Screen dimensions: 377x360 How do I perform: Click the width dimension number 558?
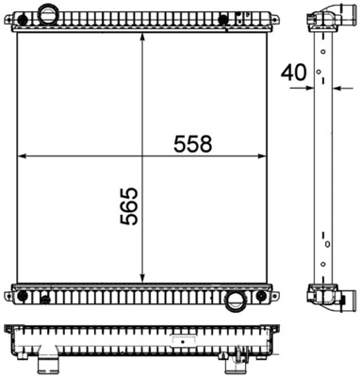tap(192, 143)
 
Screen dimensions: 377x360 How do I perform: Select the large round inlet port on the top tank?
tap(48, 16)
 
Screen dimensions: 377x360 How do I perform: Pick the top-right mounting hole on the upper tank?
tap(222, 20)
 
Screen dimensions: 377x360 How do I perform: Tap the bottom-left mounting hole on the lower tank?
tap(22, 299)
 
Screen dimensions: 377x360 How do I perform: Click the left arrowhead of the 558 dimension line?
tap(24, 156)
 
